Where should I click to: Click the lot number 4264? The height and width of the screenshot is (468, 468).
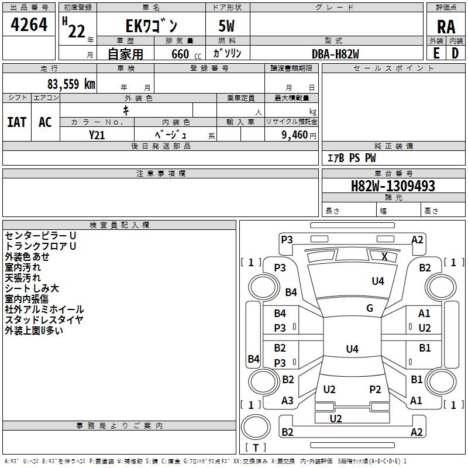point(29,25)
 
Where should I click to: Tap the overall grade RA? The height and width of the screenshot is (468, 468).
point(446,27)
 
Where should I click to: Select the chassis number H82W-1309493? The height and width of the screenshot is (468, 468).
point(393,186)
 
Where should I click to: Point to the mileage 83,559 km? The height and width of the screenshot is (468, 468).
point(71,84)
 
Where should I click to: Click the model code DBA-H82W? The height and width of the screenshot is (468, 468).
point(335,54)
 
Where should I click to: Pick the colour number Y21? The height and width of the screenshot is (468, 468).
point(97,135)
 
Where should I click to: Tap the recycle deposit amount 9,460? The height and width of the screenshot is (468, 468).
point(295,135)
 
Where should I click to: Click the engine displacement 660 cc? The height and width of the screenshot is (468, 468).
point(186,54)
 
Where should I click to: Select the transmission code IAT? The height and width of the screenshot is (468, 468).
point(17,122)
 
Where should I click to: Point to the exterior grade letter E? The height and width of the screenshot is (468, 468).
point(436,53)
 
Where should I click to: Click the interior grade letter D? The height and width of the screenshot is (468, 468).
point(455,53)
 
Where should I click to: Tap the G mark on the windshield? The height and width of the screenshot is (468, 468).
point(370,308)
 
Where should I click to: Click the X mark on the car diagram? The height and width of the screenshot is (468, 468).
point(384,257)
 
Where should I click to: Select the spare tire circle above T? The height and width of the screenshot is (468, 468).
point(256,428)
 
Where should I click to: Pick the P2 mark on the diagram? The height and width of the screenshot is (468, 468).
point(375,389)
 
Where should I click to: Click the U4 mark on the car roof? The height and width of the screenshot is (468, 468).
point(352,349)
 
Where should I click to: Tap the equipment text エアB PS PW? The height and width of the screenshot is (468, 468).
point(352,158)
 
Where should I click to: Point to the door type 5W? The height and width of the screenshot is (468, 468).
point(226,26)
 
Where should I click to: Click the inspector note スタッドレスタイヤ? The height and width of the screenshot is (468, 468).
point(44,320)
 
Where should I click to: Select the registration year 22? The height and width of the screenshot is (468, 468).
point(77,31)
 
